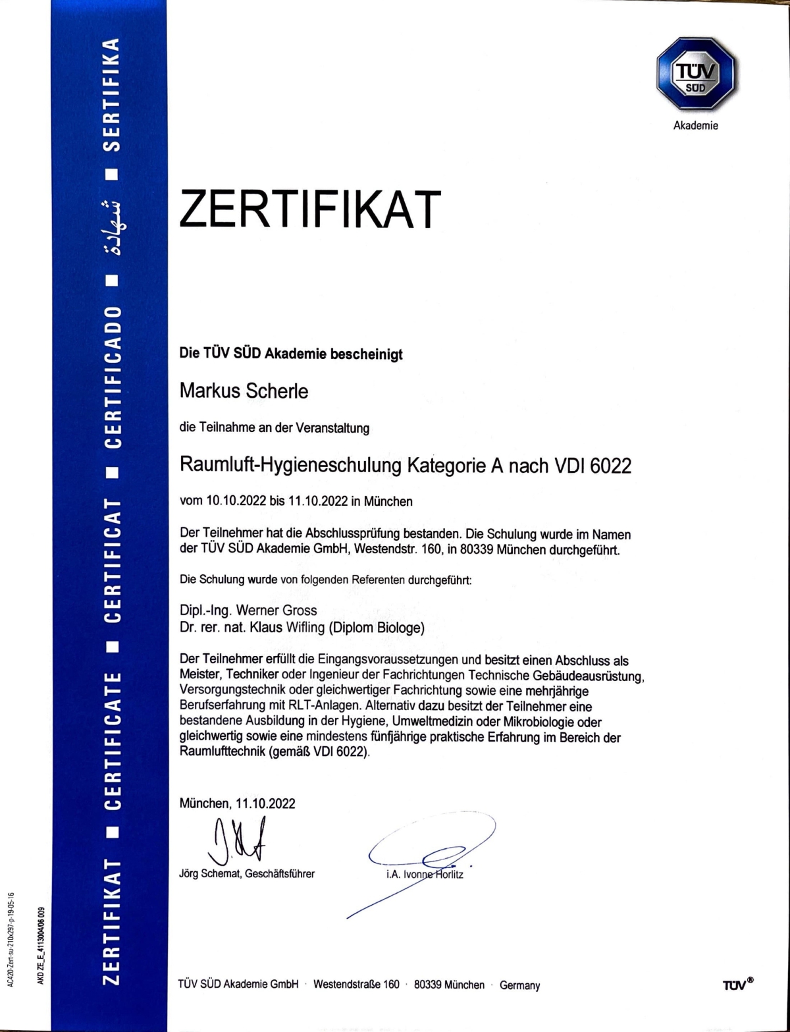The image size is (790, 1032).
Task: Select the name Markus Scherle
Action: (x=244, y=391)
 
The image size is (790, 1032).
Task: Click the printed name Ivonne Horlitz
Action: (x=436, y=875)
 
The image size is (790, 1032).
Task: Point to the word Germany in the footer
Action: (x=519, y=985)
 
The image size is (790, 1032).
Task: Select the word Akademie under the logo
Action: (x=695, y=126)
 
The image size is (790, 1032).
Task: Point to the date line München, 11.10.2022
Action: (x=237, y=803)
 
